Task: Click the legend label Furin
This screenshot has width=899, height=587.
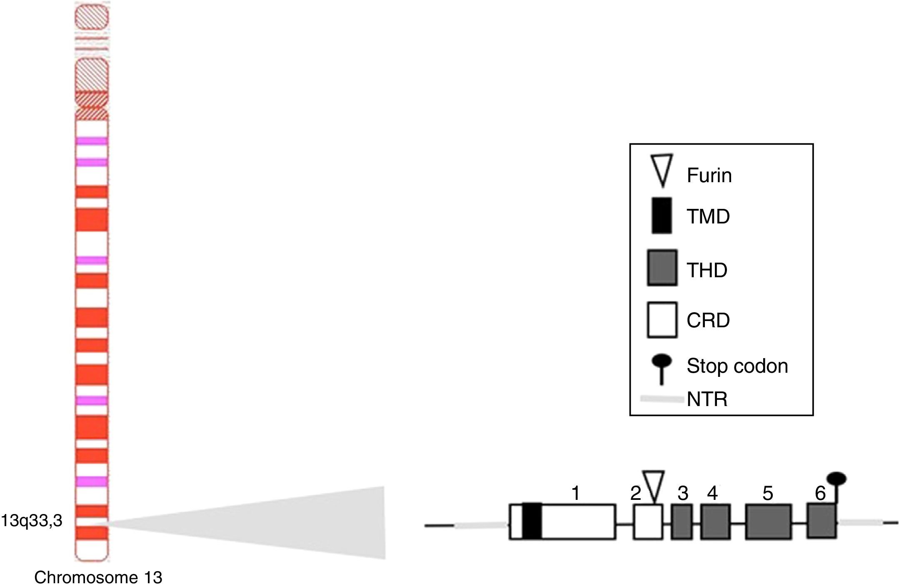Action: coord(709,176)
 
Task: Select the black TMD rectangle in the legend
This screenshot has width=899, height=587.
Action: coord(662,216)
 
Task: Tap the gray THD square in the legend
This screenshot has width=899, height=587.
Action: coord(662,268)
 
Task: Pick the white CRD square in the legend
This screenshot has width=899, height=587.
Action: coord(662,320)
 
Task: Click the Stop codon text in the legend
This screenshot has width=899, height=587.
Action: coord(737,366)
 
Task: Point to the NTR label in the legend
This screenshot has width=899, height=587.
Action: coord(707,399)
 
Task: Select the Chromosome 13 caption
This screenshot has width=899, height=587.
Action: coord(98,577)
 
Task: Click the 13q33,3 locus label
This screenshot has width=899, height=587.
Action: coord(32,521)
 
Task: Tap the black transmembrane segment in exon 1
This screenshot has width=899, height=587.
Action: coord(532,522)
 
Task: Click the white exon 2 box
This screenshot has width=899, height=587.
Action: coord(648,522)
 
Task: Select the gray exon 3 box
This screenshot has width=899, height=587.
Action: coord(682,522)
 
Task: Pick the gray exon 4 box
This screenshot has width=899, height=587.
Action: coord(715,522)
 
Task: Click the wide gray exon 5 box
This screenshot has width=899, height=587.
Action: coord(768,522)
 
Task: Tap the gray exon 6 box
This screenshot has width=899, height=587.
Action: coord(822,521)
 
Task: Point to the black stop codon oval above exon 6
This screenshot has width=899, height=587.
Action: coord(837,479)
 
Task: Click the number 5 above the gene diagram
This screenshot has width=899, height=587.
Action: coord(768,494)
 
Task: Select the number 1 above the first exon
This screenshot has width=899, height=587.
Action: coord(576,494)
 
